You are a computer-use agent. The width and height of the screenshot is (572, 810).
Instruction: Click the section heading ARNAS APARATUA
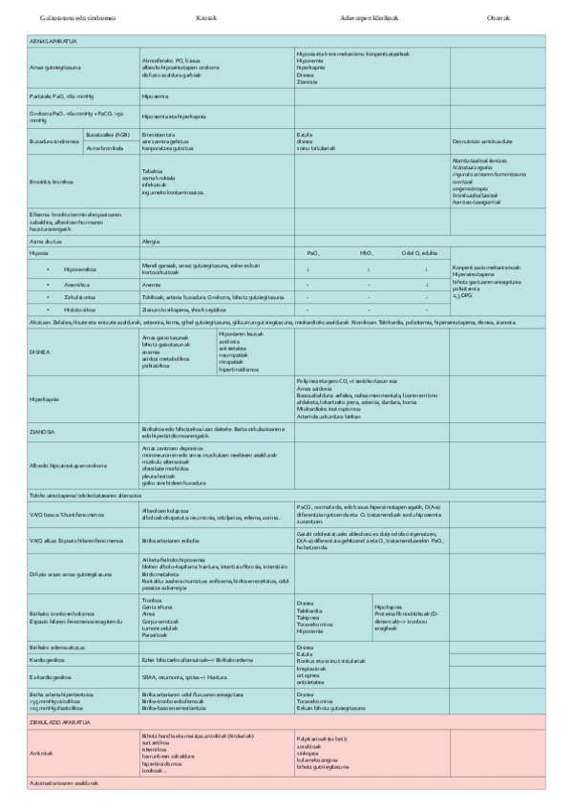pyautogui.click(x=53, y=42)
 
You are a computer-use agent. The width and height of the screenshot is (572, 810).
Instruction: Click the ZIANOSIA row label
pyautogui.click(x=42, y=432)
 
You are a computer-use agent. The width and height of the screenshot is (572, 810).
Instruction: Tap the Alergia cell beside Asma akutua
pyautogui.click(x=150, y=243)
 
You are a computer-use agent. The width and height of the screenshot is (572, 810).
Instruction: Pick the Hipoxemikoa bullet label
pyautogui.click(x=77, y=269)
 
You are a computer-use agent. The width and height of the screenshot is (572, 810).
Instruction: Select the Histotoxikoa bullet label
pyautogui.click(x=77, y=310)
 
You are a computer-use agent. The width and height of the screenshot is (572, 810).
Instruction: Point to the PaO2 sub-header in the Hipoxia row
pyautogui.click(x=314, y=253)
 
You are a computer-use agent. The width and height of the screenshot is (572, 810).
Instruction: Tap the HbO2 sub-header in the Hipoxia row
pyautogui.click(x=367, y=253)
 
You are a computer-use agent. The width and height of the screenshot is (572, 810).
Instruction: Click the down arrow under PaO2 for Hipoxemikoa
pyautogui.click(x=307, y=269)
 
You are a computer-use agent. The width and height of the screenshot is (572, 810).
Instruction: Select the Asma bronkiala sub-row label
pyautogui.click(x=103, y=148)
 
